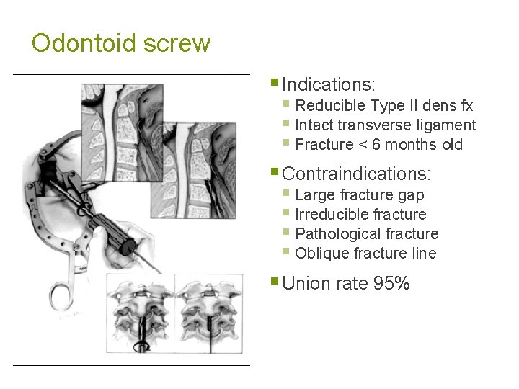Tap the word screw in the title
coord(177,43)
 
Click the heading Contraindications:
coord(357,174)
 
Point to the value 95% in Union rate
coord(391,284)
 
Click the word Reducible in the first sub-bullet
coord(331,106)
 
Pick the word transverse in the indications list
coord(372,125)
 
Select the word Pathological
coord(338,233)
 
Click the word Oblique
coord(322,253)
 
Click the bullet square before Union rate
coord(275,281)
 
